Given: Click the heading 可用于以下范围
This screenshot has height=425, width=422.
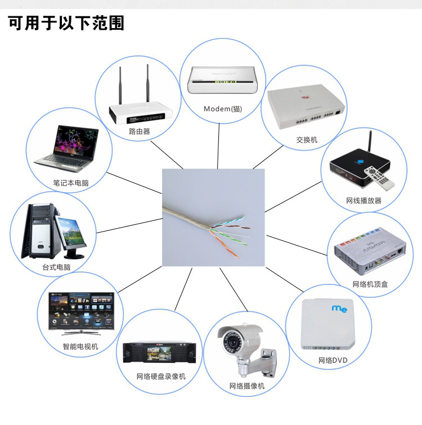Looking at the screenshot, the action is [66, 23].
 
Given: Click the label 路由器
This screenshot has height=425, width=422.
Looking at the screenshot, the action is [140, 132].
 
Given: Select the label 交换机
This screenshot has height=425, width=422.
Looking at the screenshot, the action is [307, 139].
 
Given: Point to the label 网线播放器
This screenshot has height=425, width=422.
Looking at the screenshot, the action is [363, 201].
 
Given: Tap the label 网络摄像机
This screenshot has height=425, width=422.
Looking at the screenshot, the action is [246, 386].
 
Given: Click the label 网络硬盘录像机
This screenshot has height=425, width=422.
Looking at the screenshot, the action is [160, 376].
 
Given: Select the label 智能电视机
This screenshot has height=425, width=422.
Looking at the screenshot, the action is [80, 346].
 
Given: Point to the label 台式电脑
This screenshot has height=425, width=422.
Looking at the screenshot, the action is [57, 268].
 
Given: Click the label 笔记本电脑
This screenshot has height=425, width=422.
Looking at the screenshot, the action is [71, 183].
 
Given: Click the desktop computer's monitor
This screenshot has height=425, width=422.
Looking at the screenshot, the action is [70, 233].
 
